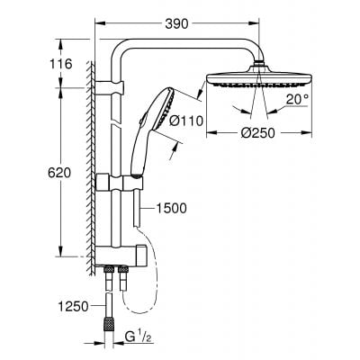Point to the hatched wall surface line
click(92, 162)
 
